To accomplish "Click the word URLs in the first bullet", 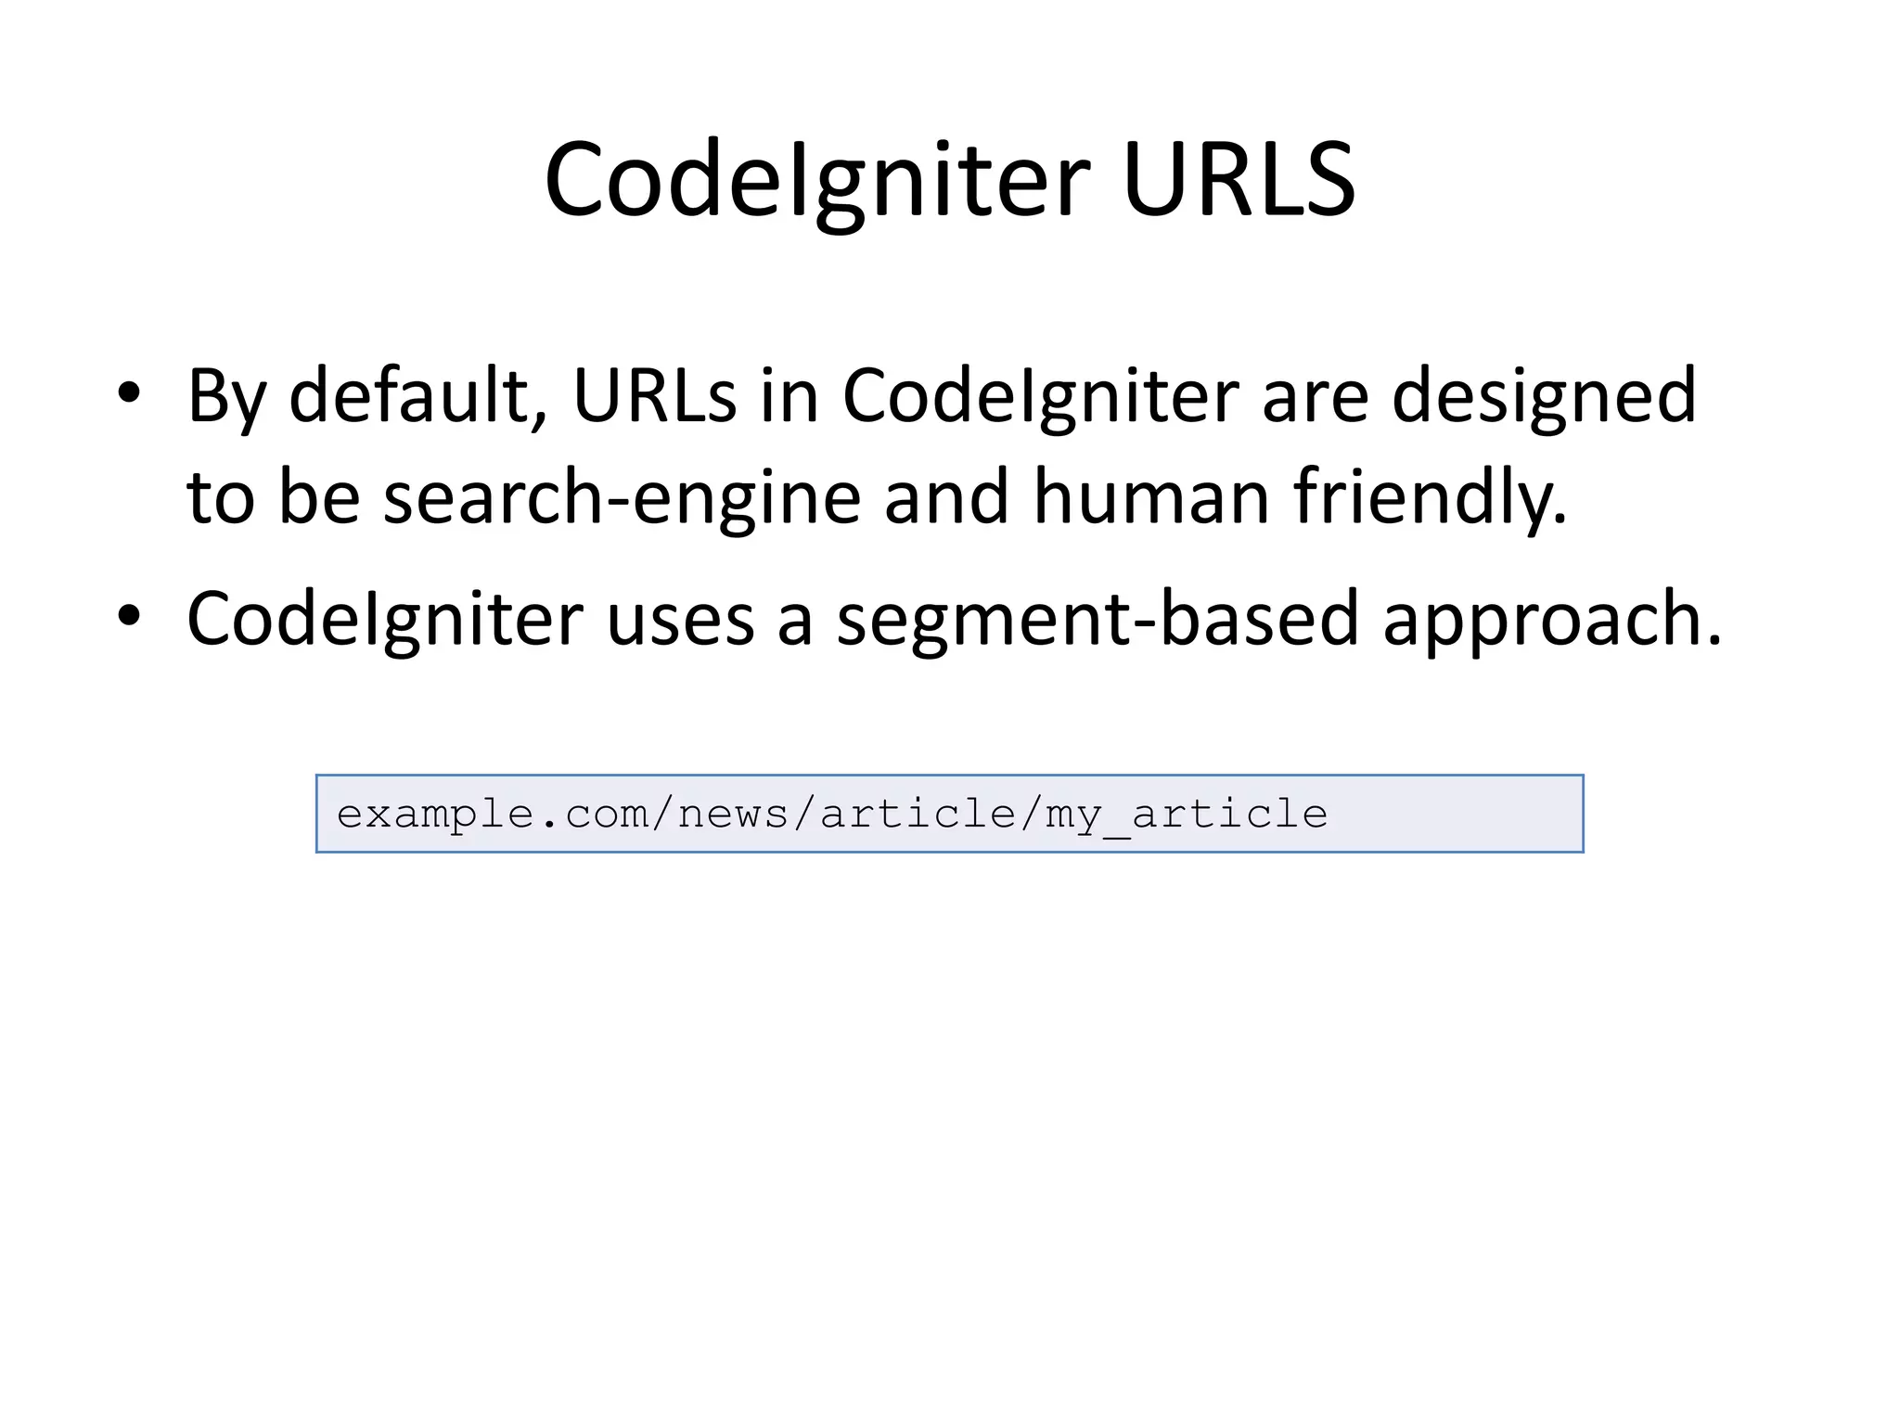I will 654,396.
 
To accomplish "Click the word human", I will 1150,497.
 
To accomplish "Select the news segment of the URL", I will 733,815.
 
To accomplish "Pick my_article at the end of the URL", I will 1187,815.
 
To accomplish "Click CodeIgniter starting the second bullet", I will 385,620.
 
